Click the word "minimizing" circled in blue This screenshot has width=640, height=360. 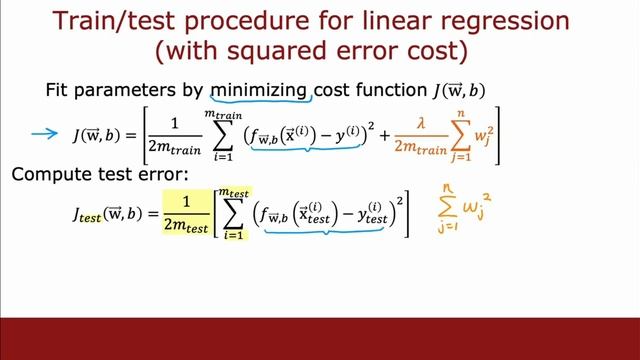coord(259,90)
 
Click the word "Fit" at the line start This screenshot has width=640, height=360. coord(58,90)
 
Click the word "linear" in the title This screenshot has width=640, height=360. coord(390,21)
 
